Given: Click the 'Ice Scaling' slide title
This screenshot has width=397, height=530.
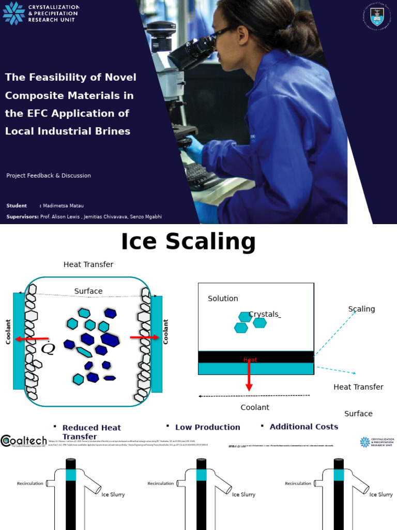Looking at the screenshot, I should (188, 242).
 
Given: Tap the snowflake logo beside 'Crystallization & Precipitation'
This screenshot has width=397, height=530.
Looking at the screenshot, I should (13, 13).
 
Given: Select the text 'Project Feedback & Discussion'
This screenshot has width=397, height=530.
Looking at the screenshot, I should (49, 175).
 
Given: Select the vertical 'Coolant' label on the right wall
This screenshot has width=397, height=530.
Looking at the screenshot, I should (166, 331).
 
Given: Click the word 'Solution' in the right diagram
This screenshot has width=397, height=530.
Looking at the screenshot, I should (223, 299).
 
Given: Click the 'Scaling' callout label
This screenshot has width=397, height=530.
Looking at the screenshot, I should (361, 309).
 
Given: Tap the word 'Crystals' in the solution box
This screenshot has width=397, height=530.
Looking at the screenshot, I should (264, 314).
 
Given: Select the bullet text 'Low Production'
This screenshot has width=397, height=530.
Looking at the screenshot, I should (207, 427).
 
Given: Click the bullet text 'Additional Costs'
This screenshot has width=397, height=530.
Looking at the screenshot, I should (303, 426).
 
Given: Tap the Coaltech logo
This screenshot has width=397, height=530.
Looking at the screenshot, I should (25, 441).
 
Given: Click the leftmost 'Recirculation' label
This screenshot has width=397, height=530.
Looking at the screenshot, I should (30, 483).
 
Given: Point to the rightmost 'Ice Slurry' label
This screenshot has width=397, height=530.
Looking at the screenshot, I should (381, 494).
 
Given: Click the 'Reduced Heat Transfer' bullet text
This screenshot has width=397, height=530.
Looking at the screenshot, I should (91, 432).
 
